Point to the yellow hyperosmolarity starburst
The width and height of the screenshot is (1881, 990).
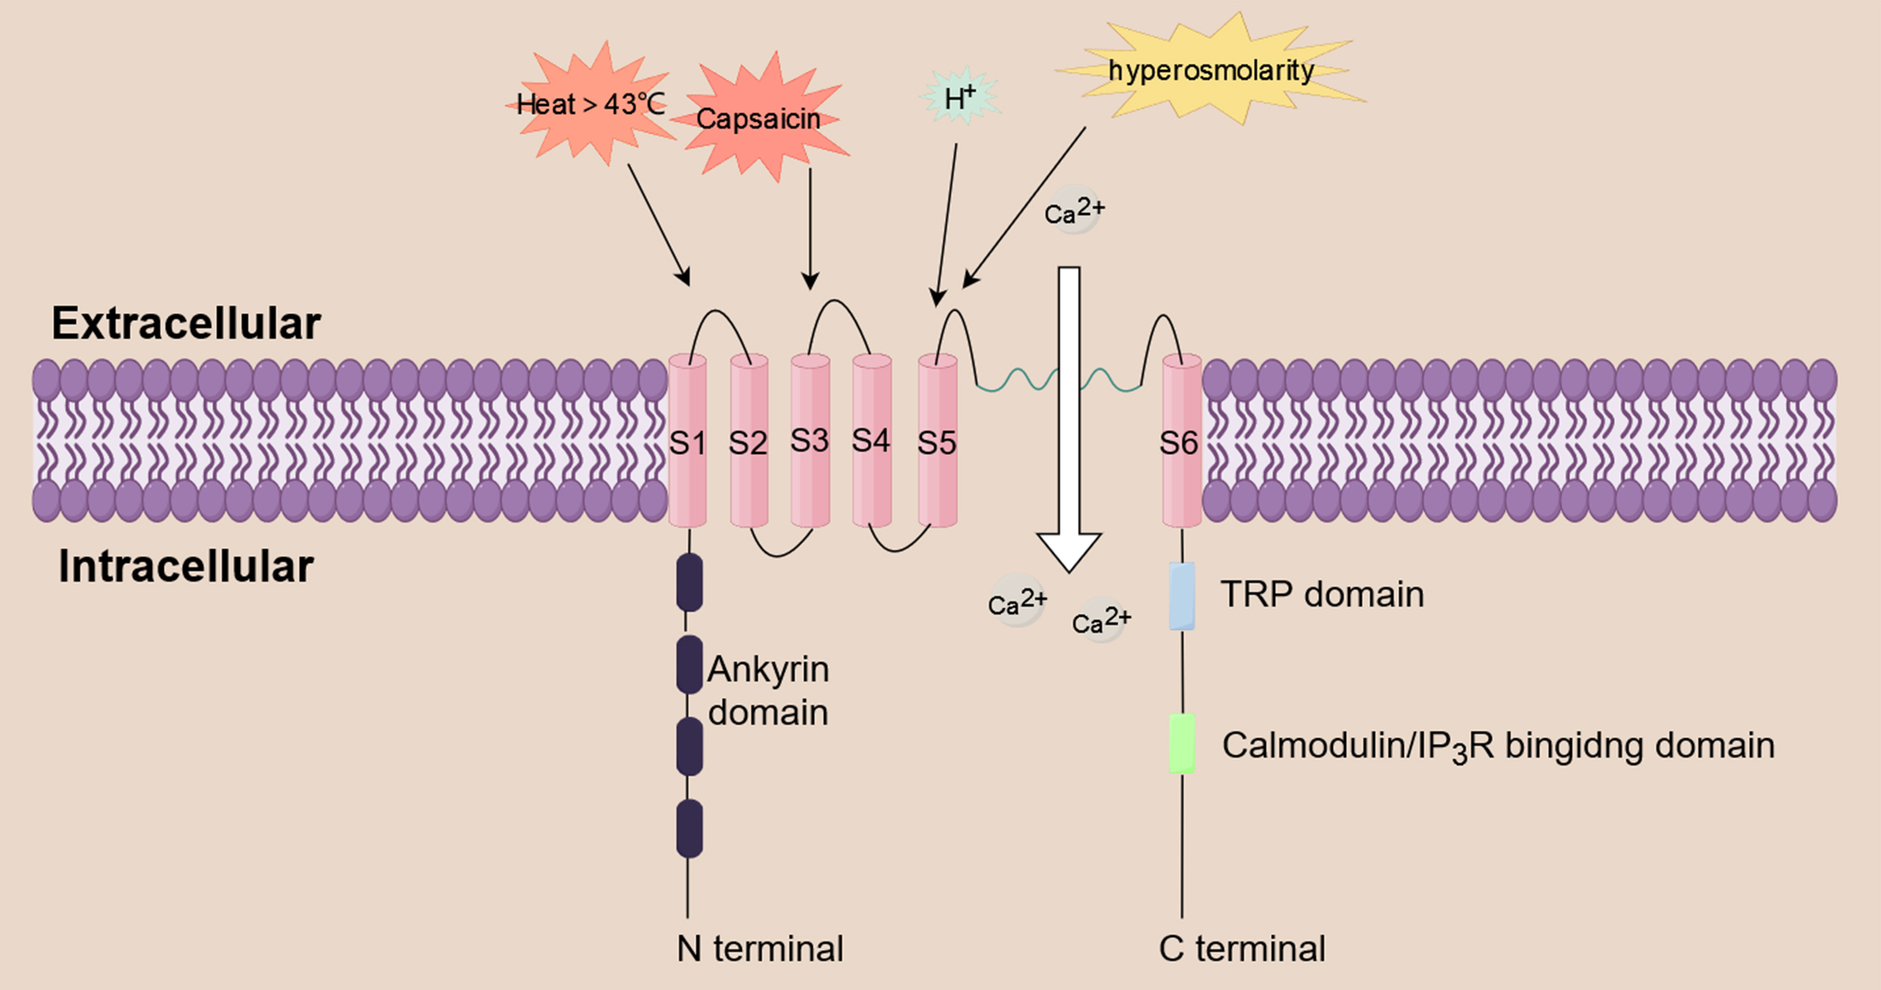pyautogui.click(x=1210, y=70)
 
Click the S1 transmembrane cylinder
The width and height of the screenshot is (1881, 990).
pyautogui.click(x=687, y=441)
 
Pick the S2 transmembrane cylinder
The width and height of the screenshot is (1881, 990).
pyautogui.click(x=749, y=441)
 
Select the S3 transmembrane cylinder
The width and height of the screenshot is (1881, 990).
pyautogui.click(x=810, y=441)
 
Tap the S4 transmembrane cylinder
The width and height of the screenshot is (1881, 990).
pyautogui.click(x=871, y=441)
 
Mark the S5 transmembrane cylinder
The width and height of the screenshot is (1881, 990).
pyautogui.click(x=937, y=441)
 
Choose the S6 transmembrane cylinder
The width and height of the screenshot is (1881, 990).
pyautogui.click(x=1181, y=441)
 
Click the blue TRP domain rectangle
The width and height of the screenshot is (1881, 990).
pyautogui.click(x=1182, y=595)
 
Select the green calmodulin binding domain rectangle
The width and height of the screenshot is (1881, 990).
pyautogui.click(x=1182, y=743)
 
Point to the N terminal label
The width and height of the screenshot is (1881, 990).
pyautogui.click(x=759, y=949)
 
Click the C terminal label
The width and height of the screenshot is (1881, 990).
pyautogui.click(x=1241, y=949)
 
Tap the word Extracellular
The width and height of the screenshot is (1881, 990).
pyautogui.click(x=187, y=324)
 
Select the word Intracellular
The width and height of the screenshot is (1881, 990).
pyautogui.click(x=187, y=567)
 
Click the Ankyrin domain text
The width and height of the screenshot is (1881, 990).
pyautogui.click(x=768, y=691)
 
